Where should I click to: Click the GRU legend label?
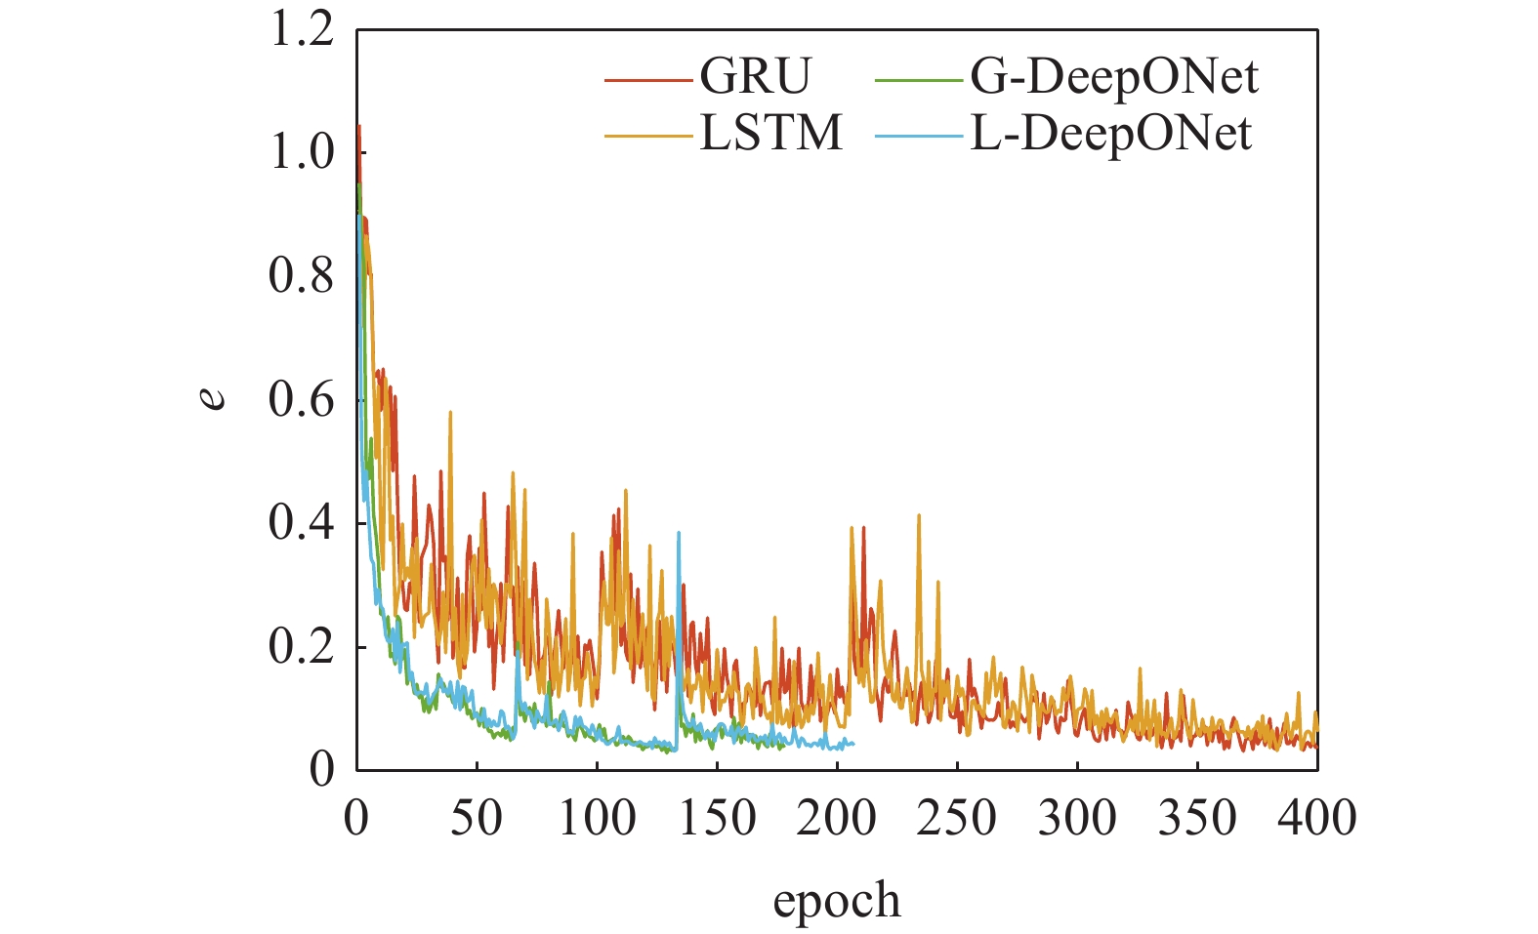coord(755,76)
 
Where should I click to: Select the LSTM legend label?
coord(770,133)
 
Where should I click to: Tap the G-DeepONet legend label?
coord(1114,76)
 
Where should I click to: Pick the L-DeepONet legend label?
coord(1110,133)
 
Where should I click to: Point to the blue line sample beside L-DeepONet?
coord(920,135)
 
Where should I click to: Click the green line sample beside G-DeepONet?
coord(920,78)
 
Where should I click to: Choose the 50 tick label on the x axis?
coord(477,818)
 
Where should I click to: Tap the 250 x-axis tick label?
coord(958,818)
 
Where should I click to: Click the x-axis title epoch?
coord(837,901)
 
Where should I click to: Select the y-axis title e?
coord(214,399)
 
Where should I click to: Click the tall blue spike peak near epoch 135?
coord(679,533)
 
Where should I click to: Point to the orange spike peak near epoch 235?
coord(919,514)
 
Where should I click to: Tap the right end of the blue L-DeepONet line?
coord(853,744)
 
